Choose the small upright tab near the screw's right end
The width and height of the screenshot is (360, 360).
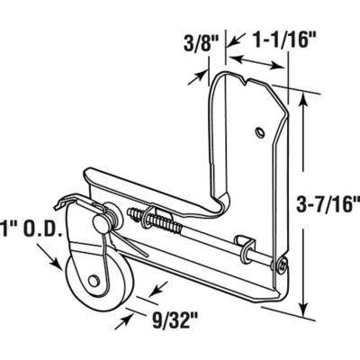tap(242, 245)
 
